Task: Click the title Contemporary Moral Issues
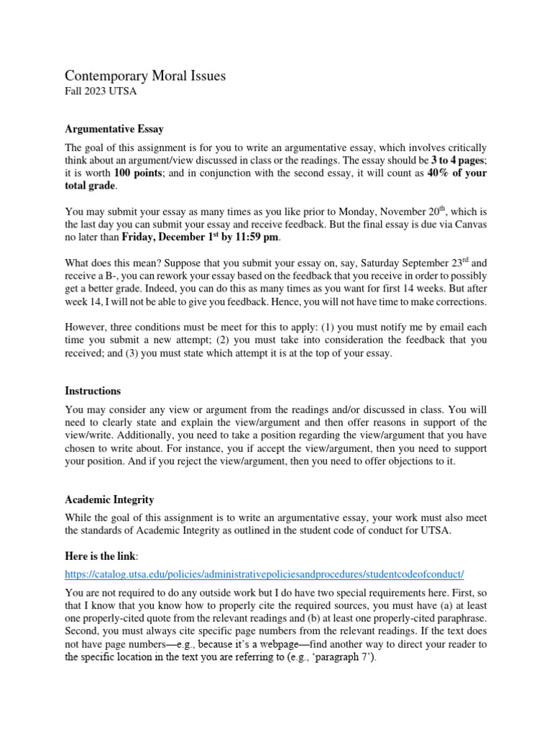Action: (x=145, y=76)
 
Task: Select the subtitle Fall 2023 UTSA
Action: (x=101, y=91)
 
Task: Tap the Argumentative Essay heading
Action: (x=114, y=130)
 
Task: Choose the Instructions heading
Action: (x=93, y=391)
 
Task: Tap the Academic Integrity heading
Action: (x=109, y=499)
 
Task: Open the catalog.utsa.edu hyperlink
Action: (x=264, y=574)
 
